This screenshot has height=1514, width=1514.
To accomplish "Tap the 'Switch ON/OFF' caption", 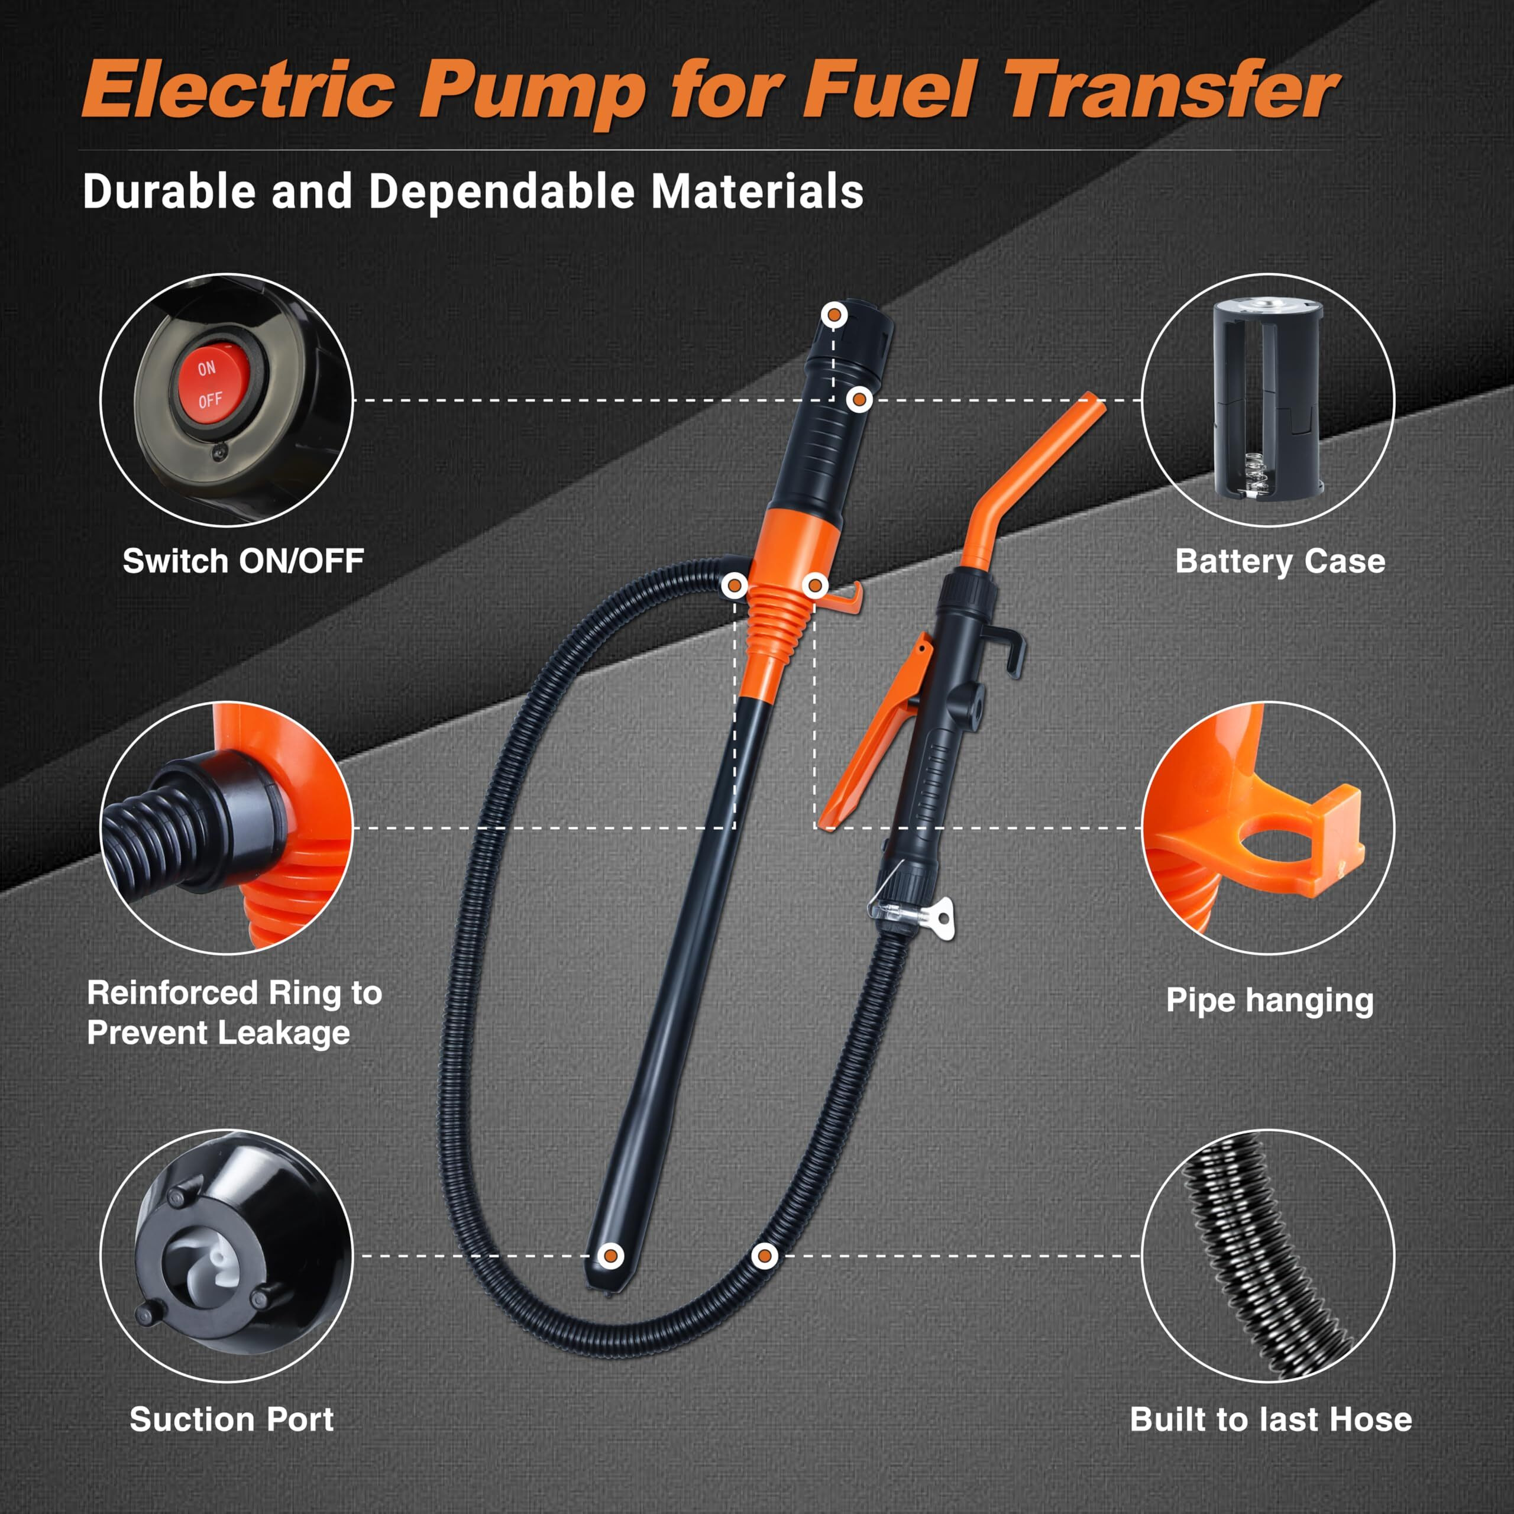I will (x=243, y=561).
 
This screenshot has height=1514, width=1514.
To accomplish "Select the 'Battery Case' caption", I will (x=1280, y=561).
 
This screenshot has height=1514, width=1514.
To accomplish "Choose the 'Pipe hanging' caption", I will (x=1270, y=1001).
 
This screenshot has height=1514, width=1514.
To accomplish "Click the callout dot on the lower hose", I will (x=764, y=1256).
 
